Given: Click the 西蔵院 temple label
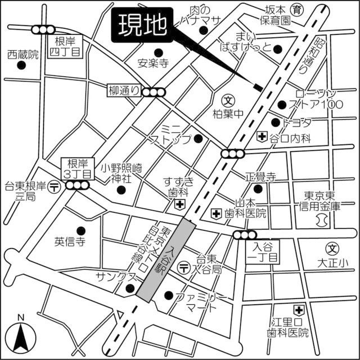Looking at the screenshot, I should coord(22,55).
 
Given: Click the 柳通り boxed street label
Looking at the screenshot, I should coord(124,89).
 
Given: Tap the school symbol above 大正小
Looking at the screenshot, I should coord(333,248).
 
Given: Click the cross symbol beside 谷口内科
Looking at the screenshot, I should coord(262,137).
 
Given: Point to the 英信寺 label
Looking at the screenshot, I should coord(69,242).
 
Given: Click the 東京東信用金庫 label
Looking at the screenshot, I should coord(319,201).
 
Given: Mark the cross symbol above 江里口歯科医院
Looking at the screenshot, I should coord(298,309).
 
